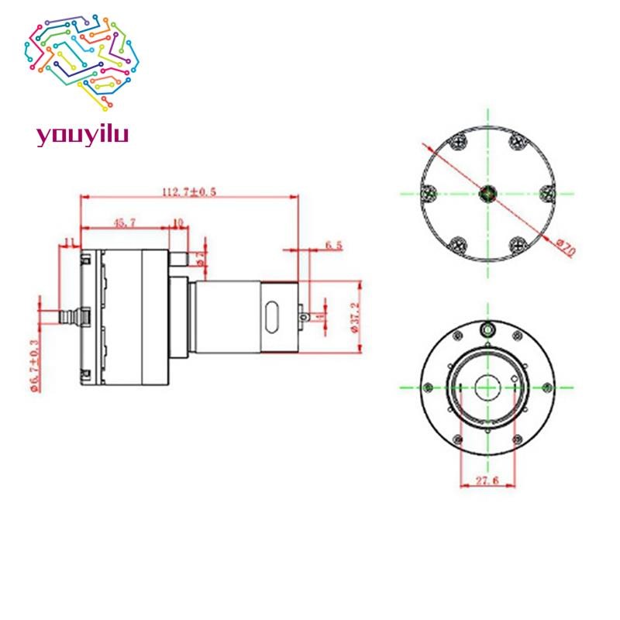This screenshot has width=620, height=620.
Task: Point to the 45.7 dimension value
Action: click(125, 223)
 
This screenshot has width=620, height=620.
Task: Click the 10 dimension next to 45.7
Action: click(177, 223)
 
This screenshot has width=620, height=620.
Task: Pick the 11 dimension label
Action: click(69, 243)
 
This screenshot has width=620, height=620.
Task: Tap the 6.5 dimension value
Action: click(334, 245)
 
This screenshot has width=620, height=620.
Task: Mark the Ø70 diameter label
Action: click(565, 249)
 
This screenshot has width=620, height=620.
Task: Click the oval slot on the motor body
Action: click(270, 317)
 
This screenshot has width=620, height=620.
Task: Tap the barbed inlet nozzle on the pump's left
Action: click(71, 317)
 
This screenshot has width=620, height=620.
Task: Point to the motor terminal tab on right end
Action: click(312, 316)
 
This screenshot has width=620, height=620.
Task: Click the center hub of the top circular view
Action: click(487, 193)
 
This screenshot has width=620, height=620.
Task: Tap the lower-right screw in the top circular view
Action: click(517, 246)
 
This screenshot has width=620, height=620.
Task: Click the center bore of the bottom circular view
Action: click(487, 386)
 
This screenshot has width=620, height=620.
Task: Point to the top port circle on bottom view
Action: click(487, 329)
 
